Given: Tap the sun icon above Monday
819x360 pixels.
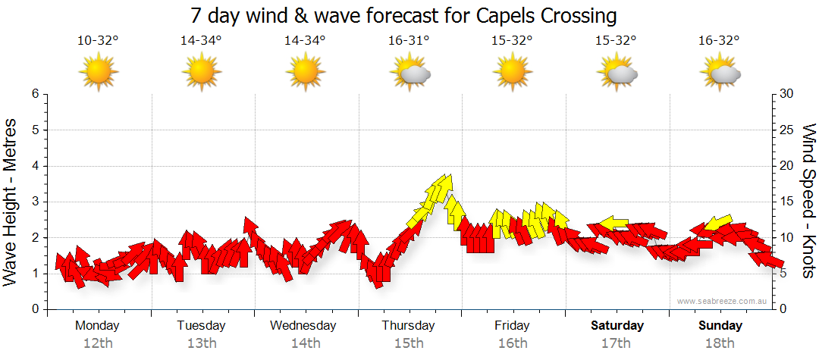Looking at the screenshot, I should click(98, 73).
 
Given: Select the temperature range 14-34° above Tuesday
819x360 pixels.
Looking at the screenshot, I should click(201, 41).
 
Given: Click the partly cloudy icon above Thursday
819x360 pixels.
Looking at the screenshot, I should click(410, 74).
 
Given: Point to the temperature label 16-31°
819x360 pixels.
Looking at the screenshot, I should click(409, 41).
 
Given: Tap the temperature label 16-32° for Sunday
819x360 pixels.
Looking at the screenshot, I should click(720, 41).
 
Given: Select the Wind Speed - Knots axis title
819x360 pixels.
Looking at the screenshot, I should click(808, 202).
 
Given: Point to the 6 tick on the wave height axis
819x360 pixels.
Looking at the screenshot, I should click(35, 94).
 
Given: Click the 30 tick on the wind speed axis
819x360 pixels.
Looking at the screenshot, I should click(787, 94).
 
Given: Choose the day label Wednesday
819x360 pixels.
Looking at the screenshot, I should click(303, 326).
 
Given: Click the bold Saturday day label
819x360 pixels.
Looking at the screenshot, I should click(617, 326).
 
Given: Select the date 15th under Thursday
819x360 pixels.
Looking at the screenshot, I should click(409, 343).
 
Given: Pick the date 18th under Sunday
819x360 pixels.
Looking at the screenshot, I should click(720, 343).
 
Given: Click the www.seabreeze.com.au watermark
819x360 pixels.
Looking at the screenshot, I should click(723, 302).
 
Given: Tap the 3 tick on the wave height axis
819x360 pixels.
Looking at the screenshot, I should click(35, 202).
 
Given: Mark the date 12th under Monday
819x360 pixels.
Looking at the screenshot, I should click(97, 343).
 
